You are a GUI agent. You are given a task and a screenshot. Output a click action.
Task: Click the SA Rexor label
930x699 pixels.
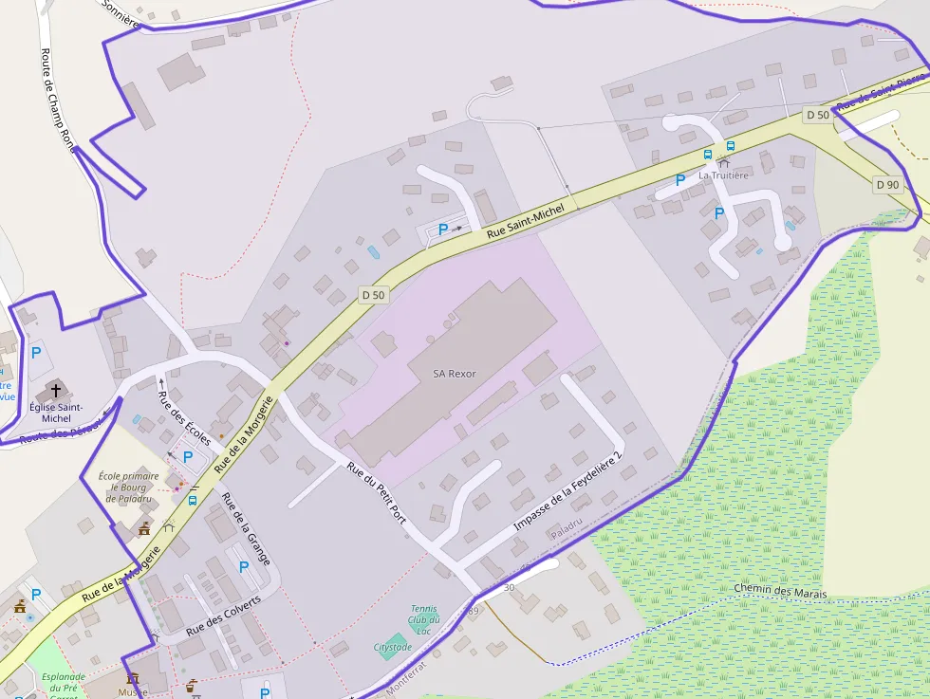pyautogui.click(x=455, y=374)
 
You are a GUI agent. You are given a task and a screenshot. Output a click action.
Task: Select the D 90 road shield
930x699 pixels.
pyautogui.click(x=887, y=184)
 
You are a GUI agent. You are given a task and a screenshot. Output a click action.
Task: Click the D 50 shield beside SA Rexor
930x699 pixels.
pyautogui.click(x=373, y=295)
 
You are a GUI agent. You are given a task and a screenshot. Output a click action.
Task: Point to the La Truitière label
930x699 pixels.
pyautogui.click(x=723, y=175)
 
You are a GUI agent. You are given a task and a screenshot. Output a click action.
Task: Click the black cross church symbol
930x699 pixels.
pyautogui.click(x=56, y=391)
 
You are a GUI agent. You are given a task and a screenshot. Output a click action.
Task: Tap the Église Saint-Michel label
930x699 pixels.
pyautogui.click(x=50, y=412)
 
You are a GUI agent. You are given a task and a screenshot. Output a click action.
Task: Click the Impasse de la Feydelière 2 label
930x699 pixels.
pyautogui.click(x=567, y=491)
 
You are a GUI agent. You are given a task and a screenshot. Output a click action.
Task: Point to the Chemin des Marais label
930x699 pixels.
pyautogui.click(x=780, y=593)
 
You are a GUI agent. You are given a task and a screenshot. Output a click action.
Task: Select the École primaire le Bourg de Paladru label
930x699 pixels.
pyautogui.click(x=128, y=487)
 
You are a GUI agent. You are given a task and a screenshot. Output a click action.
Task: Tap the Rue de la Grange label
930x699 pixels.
pyautogui.click(x=246, y=529)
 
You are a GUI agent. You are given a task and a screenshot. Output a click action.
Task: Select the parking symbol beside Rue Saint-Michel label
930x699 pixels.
pyautogui.click(x=442, y=229)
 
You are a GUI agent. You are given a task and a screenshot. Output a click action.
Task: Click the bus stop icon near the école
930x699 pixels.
pyautogui.click(x=193, y=500)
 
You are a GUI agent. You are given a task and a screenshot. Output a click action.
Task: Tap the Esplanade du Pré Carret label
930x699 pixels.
pyautogui.click(x=64, y=683)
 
